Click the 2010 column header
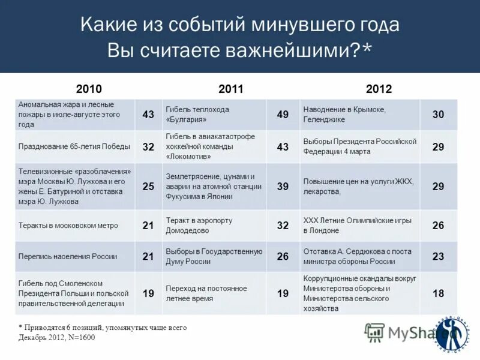point(89,89)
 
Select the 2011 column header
point(231,89)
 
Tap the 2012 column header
point(379,89)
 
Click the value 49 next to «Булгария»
point(283,115)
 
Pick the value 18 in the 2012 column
point(438,293)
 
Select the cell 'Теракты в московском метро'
point(68,226)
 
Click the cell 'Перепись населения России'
point(67,256)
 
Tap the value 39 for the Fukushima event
point(283,186)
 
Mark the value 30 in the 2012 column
point(438,115)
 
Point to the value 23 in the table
point(438,256)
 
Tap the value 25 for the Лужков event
point(148,186)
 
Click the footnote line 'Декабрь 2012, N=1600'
point(56,338)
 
